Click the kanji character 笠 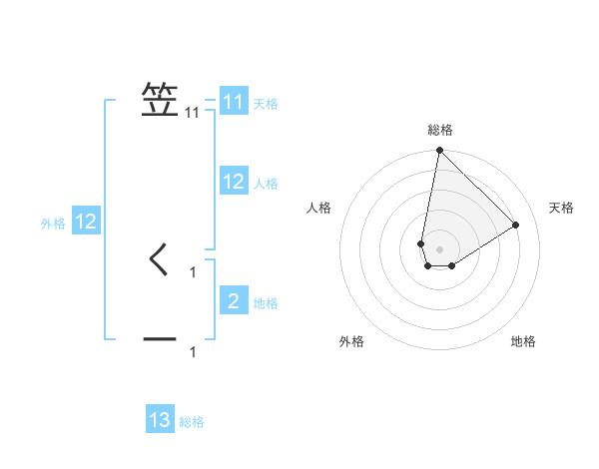pos(161,101)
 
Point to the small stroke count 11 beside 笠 pos(193,114)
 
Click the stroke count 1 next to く pos(193,271)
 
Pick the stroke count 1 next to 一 pos(193,352)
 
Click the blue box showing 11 pos(234,102)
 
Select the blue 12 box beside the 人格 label pos(234,182)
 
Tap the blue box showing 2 pos(234,301)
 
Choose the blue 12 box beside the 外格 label pos(86,222)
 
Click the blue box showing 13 pos(160,421)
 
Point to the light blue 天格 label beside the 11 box pos(266,104)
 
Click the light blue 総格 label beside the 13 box pos(192,423)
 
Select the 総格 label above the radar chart pos(439,131)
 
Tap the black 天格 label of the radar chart pos(562,208)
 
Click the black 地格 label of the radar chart pos(523,342)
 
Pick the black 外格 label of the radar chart pos(351,342)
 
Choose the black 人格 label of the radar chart pos(319,208)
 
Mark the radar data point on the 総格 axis pos(439,151)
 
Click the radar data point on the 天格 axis pos(516,225)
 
